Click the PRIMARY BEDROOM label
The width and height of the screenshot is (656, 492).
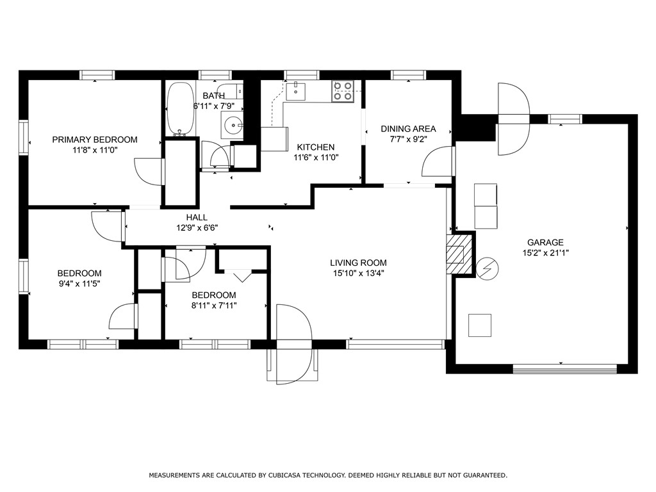(95, 140)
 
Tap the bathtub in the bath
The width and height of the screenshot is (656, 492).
(181, 108)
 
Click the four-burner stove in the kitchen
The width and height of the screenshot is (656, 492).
(343, 90)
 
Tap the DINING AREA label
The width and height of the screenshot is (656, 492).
(408, 129)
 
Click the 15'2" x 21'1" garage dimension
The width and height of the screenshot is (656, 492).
(545, 252)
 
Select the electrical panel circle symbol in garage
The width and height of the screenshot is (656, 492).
(486, 269)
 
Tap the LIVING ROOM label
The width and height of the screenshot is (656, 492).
(358, 263)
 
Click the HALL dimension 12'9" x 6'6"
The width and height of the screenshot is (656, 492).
(197, 227)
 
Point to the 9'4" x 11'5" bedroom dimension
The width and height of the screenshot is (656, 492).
(79, 283)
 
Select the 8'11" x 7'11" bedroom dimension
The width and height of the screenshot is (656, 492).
(214, 305)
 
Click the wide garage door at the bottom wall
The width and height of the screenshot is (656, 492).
(564, 368)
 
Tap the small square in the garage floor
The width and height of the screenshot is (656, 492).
(480, 325)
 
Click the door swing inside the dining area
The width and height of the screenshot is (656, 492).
(436, 163)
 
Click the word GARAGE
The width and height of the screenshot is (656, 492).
(545, 242)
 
